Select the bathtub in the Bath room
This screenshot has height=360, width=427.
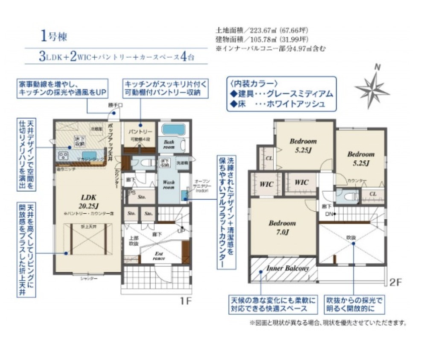(x=172, y=130)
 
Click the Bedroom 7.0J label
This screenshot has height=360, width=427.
(x=282, y=227)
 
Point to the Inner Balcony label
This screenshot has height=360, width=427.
(x=287, y=268)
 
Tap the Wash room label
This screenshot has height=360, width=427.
(x=169, y=185)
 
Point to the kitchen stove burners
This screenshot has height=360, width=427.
(x=64, y=155)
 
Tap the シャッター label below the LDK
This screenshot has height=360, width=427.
(x=89, y=279)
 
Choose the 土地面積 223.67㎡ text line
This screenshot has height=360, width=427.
(x=261, y=31)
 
